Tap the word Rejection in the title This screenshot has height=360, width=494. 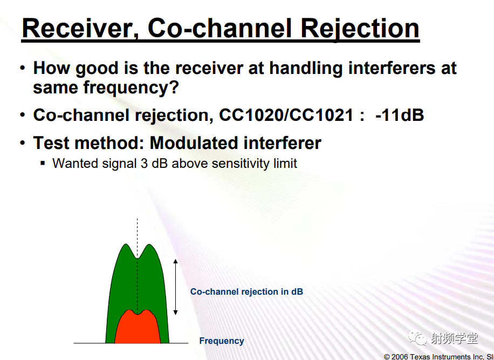click(360, 30)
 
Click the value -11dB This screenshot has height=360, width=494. click(400, 115)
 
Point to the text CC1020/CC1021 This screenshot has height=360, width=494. click(286, 115)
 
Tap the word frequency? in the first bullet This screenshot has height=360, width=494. click(131, 87)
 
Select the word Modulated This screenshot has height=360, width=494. click(194, 143)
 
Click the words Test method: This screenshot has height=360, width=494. click(89, 143)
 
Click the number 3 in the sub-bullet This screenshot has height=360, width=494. click(144, 164)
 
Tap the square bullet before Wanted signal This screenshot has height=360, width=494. click(43, 164)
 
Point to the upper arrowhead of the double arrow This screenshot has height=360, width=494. click(175, 261)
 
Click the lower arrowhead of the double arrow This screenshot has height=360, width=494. click(175, 313)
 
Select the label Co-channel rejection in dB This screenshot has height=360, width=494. click(246, 291)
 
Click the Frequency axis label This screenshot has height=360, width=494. click(222, 341)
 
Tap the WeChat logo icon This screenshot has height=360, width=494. click(417, 338)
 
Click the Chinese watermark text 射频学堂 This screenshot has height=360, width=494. click(454, 338)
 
